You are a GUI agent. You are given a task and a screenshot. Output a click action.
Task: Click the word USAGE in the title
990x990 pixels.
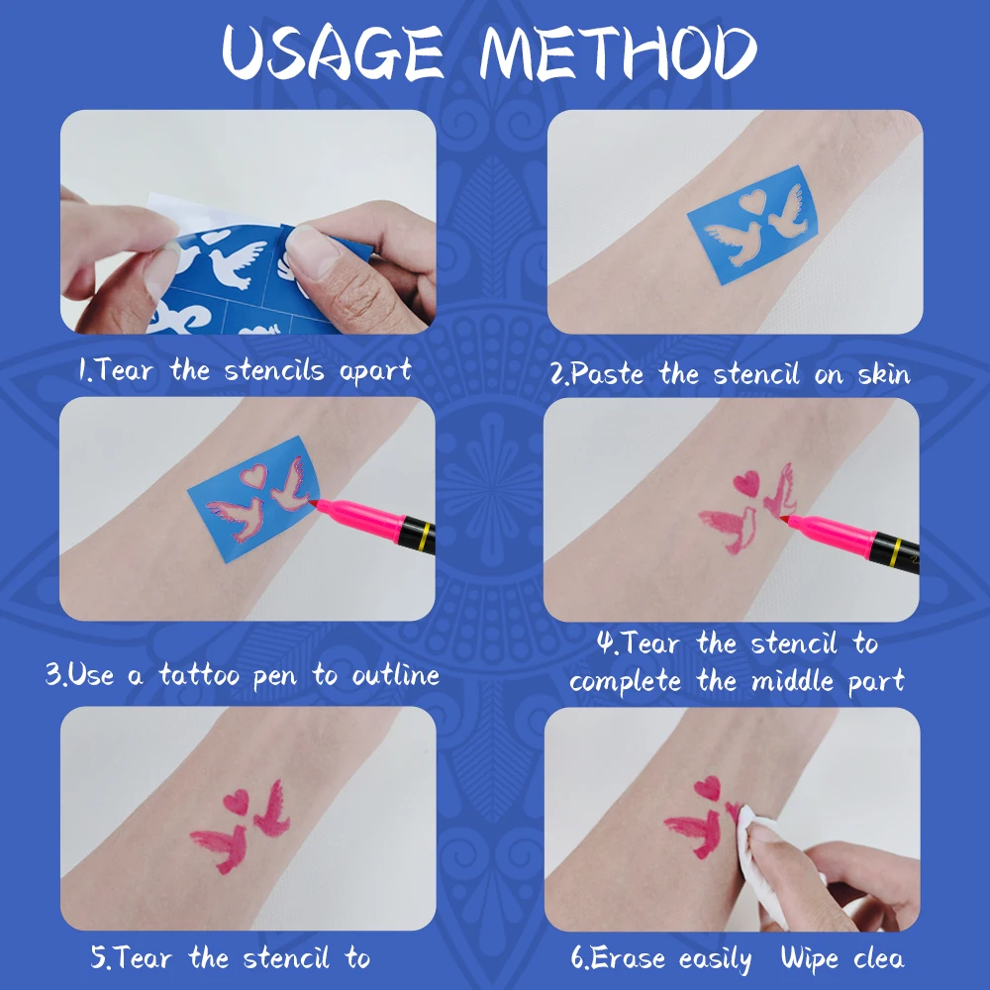click(x=332, y=53)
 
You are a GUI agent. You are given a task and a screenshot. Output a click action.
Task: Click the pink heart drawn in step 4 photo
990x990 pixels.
click(x=745, y=483)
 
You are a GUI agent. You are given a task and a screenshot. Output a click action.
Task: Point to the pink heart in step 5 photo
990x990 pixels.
click(x=237, y=800)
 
